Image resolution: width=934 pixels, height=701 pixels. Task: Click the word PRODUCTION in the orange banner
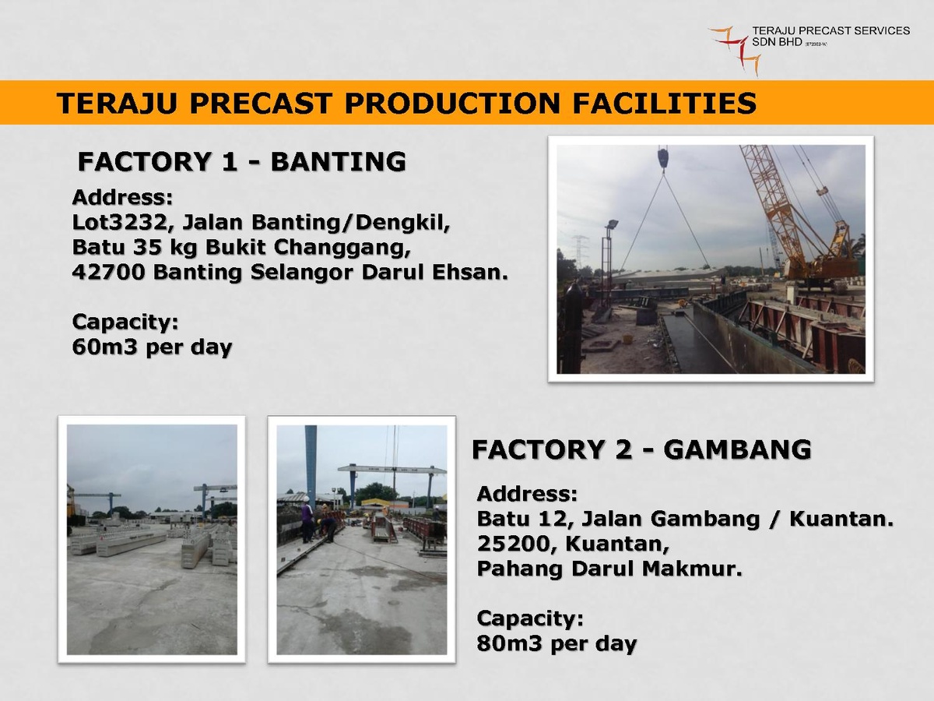452,104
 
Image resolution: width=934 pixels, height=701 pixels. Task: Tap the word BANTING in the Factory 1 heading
339,162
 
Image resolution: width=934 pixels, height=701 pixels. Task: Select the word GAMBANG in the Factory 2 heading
737,450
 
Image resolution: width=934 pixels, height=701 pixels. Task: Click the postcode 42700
108,273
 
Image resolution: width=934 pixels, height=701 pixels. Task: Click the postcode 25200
514,544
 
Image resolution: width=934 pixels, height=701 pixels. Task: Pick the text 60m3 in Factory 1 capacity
104,347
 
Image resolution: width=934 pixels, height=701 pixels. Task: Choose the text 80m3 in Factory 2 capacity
509,643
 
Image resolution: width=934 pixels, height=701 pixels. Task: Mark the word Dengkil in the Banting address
402,223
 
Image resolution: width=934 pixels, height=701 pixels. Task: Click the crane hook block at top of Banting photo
663,157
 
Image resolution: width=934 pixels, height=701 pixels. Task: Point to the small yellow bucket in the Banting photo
627,339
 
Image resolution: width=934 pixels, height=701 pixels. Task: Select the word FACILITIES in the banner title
665,104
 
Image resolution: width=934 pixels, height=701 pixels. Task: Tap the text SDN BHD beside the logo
777,42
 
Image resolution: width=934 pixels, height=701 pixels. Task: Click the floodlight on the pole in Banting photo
612,224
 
